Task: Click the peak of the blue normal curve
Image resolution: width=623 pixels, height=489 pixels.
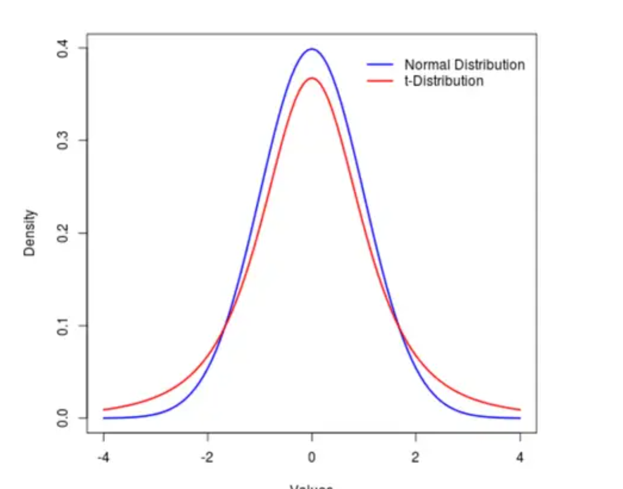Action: [311, 49]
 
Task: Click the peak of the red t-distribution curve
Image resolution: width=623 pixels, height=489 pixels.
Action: [311, 78]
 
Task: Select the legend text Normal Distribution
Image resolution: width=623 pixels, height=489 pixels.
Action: [464, 65]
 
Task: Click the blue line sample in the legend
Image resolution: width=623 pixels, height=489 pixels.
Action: [380, 65]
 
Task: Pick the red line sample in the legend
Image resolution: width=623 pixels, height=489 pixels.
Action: [380, 81]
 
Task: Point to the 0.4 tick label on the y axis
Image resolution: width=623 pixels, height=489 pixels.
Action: [62, 48]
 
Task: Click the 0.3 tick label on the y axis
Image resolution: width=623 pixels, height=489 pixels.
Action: [62, 141]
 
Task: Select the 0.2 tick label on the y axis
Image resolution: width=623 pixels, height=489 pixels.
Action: [62, 233]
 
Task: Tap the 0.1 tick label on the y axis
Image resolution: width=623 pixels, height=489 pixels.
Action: [62, 326]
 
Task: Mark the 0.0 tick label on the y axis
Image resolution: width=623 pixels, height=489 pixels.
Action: [62, 418]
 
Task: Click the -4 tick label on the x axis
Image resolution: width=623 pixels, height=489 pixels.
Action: [103, 457]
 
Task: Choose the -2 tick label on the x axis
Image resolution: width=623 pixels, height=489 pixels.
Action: [207, 457]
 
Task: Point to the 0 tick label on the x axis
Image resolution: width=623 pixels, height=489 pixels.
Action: [311, 457]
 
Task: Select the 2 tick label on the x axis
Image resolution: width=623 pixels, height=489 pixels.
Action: [415, 457]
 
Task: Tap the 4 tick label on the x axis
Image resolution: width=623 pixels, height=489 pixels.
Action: [520, 457]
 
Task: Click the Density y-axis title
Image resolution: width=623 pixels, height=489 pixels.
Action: [30, 233]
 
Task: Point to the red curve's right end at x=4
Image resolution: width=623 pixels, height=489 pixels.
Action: [519, 410]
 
